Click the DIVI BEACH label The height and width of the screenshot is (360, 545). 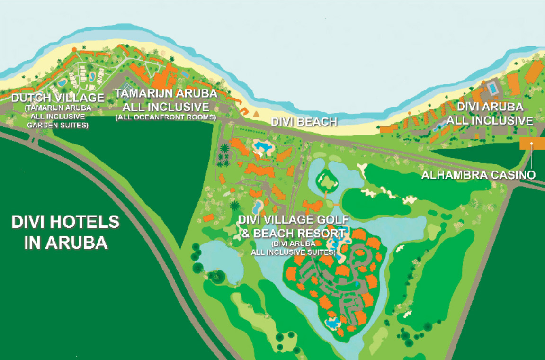[304, 122]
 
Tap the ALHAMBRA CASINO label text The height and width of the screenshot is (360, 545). [478, 175]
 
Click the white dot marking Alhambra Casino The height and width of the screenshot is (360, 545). [531, 143]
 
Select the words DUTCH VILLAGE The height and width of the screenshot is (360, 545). [58, 98]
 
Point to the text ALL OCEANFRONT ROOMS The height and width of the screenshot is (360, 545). [166, 117]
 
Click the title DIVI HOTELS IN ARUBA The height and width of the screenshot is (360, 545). [65, 232]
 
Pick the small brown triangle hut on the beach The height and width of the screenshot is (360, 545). [256, 114]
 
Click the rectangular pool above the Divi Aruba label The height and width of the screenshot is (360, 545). [493, 89]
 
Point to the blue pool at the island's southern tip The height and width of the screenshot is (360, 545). [333, 324]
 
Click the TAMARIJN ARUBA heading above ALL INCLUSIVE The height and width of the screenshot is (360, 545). [166, 93]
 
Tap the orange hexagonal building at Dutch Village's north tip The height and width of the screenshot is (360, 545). [74, 49]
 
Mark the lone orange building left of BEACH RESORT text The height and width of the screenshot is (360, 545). [208, 218]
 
